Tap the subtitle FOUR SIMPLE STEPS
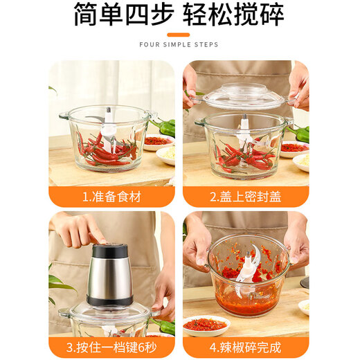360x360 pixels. (x=179, y=45)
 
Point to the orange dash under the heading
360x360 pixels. (x=179, y=33)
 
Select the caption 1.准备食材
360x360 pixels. (x=111, y=197)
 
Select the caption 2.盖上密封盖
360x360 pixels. (x=246, y=197)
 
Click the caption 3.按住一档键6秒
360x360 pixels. (x=111, y=347)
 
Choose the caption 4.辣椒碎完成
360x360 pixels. (x=246, y=347)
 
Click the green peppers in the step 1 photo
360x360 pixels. (x=165, y=127)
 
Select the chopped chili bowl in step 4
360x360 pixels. (x=247, y=273)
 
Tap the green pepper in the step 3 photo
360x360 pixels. (x=163, y=325)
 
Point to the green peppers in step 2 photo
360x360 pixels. (x=298, y=132)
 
